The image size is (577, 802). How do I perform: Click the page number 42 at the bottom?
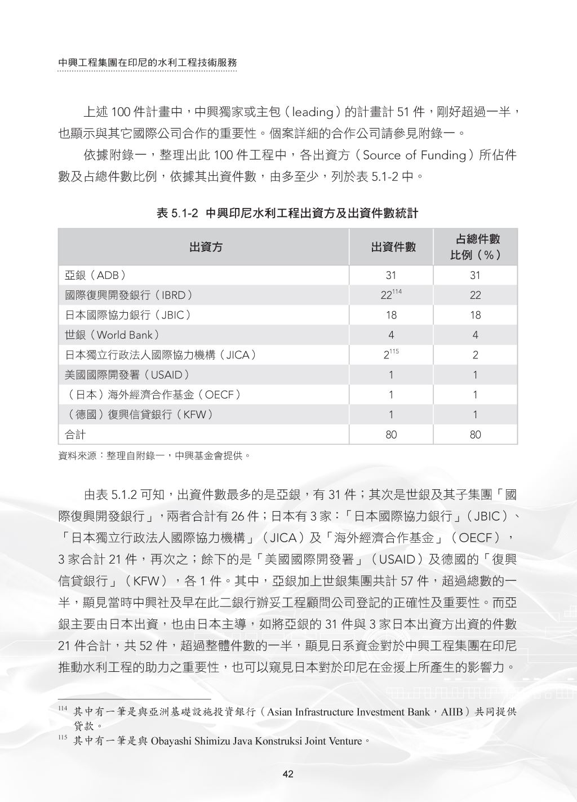(288, 774)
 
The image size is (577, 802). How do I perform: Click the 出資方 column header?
(206, 247)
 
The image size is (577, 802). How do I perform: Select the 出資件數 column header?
(393, 247)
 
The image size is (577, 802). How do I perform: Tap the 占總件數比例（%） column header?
(475, 247)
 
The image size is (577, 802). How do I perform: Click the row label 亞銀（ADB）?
(95, 276)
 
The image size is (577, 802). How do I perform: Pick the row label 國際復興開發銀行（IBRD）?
(128, 295)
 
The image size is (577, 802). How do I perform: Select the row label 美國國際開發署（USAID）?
(127, 375)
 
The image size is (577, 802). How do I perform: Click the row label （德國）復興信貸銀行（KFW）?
(140, 415)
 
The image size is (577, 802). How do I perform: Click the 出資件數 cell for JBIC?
(391, 316)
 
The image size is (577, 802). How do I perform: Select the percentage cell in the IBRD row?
(475, 295)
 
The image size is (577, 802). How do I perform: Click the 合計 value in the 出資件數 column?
(391, 435)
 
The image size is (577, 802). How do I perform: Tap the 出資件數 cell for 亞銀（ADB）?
(391, 276)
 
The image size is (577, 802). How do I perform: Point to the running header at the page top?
(148, 63)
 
